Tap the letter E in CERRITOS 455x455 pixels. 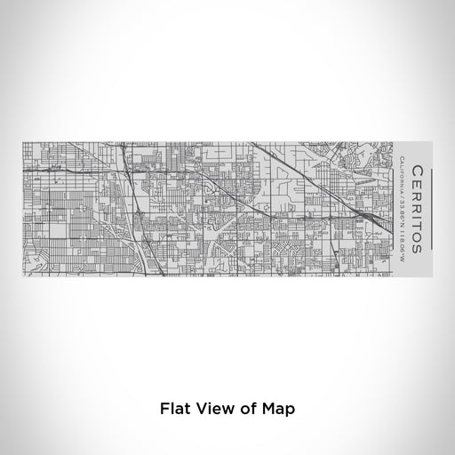(418, 184)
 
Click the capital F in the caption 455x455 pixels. (165, 410)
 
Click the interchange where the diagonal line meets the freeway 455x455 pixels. (366, 216)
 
